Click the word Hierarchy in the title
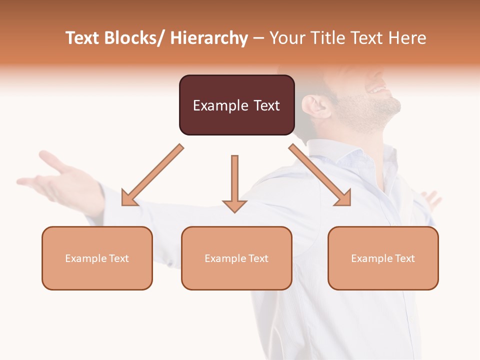[x=209, y=38]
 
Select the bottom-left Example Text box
[x=97, y=258]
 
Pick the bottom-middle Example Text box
[x=236, y=258]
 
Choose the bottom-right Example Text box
[x=383, y=258]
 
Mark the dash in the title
[x=258, y=38]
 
